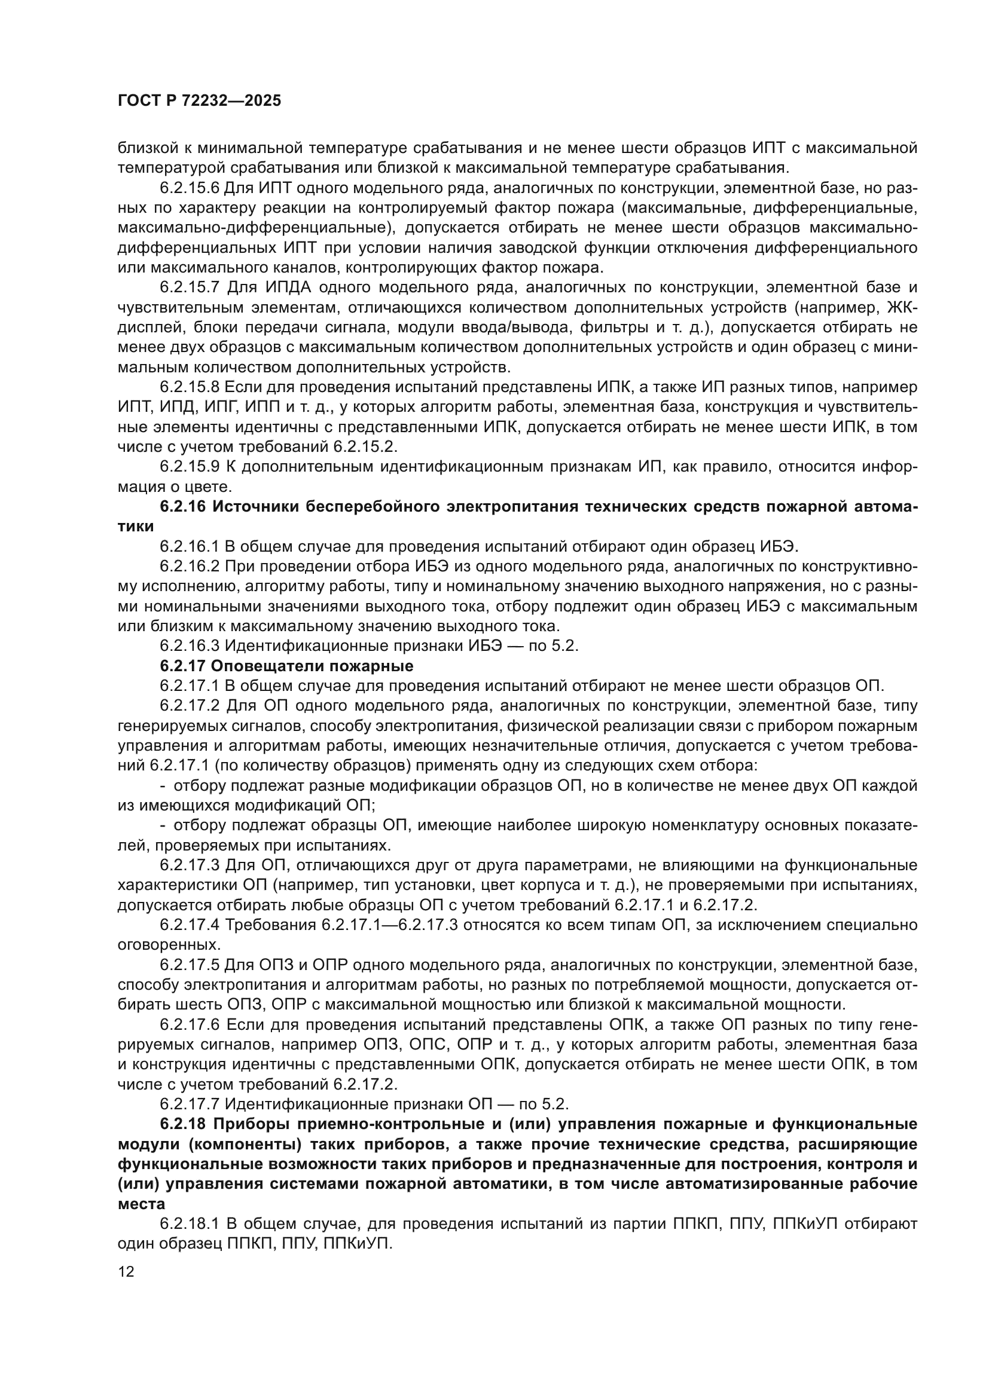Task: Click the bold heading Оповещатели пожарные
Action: [x=312, y=665]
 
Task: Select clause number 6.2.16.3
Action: [x=190, y=646]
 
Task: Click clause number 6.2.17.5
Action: [x=190, y=965]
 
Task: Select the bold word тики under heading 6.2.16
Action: [x=135, y=527]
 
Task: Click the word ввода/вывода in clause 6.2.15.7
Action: [x=521, y=328]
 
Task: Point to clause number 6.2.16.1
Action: [x=190, y=546]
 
